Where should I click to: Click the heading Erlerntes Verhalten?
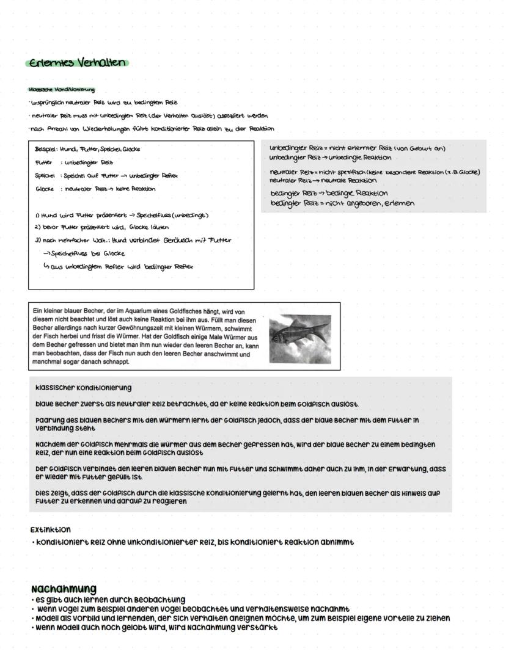pyautogui.click(x=77, y=63)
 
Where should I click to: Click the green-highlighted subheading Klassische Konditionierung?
pyautogui.click(x=62, y=90)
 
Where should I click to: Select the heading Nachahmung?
pyautogui.click(x=64, y=589)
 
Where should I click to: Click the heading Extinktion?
pyautogui.click(x=50, y=529)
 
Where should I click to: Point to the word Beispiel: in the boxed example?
pyautogui.click(x=46, y=149)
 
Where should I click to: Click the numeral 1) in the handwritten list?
pyautogui.click(x=37, y=215)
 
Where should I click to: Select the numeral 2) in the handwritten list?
pyautogui.click(x=37, y=227)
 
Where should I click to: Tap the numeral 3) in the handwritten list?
pyautogui.click(x=37, y=240)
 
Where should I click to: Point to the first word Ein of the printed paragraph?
pyautogui.click(x=38, y=311)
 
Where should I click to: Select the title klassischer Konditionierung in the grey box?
pyautogui.click(x=83, y=388)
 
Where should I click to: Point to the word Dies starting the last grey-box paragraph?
pyautogui.click(x=43, y=492)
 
